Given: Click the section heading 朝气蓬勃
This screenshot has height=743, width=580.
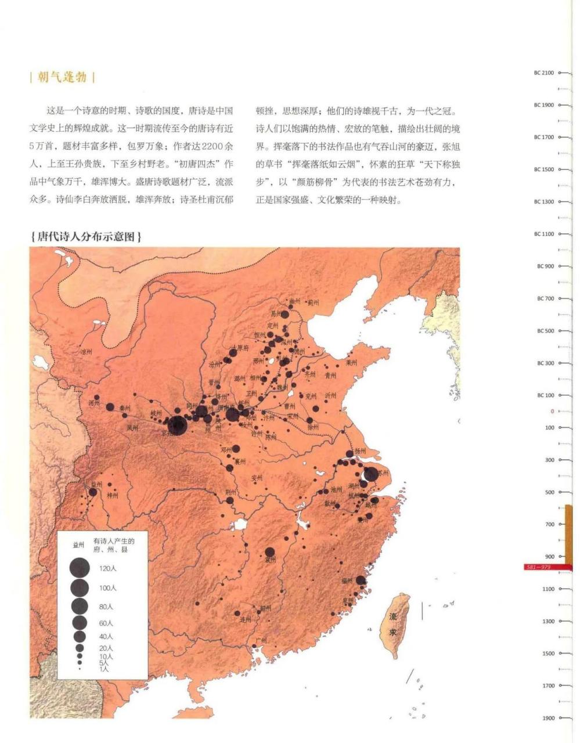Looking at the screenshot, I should coord(62,77).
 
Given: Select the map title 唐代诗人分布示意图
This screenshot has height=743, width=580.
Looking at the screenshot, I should coord(86,237).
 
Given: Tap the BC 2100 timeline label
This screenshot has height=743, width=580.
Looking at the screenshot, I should coord(543,73).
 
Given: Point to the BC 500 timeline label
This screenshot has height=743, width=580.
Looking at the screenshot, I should coord(545,331).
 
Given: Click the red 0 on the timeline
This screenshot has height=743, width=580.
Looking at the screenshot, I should coord(552,412).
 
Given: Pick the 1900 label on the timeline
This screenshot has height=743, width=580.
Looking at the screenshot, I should coord(548,718).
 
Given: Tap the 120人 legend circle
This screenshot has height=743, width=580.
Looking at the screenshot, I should coord(80,568).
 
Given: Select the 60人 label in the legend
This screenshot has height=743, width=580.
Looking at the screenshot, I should coord(106,623).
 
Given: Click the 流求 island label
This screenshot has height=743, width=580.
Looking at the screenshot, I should coord(393,624).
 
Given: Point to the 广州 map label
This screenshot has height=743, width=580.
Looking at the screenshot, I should coord(261,641).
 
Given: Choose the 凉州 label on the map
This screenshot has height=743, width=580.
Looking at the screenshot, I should coord(87,352).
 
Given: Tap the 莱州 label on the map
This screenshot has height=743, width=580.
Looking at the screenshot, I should coord(351,363).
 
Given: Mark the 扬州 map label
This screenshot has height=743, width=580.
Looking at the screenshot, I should coord(360,451).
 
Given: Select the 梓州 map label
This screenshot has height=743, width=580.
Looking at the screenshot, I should coord(113,496).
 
